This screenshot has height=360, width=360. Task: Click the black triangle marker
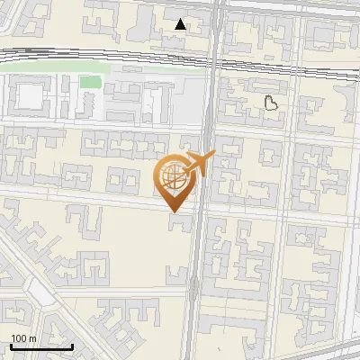(x=181, y=24)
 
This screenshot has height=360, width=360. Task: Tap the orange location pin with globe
(x=173, y=180)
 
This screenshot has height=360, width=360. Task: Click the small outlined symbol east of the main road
(x=271, y=103)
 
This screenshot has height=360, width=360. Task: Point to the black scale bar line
(x=41, y=346)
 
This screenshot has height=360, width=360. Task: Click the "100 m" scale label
(x=23, y=338)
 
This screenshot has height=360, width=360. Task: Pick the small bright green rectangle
(x=89, y=83)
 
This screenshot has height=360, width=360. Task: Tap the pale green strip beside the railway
(x=54, y=68)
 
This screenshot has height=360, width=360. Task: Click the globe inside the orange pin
(x=171, y=175)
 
